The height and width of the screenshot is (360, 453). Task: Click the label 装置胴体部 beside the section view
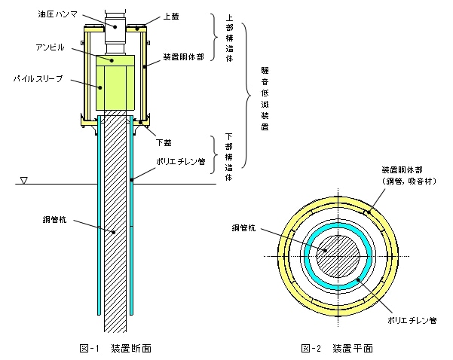pos(182,56)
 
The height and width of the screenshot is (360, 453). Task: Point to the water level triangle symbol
pos(25,181)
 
